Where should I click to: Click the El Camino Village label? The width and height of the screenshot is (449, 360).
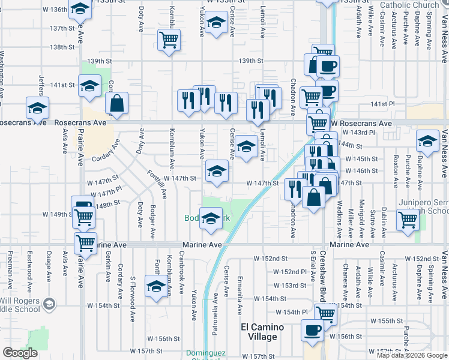click(259, 332)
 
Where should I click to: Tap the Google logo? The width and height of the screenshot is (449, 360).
click(20, 353)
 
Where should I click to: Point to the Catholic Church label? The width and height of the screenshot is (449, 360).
click(411, 5)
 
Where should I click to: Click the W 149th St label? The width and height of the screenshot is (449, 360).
click(56, 214)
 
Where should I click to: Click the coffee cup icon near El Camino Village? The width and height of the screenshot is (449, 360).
click(312, 331)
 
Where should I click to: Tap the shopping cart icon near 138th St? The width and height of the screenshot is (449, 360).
click(169, 40)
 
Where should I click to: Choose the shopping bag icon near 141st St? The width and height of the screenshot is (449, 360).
click(117, 103)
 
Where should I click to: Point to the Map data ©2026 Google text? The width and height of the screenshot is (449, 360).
click(411, 355)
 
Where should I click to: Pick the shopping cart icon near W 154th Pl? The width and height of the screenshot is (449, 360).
click(325, 313)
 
